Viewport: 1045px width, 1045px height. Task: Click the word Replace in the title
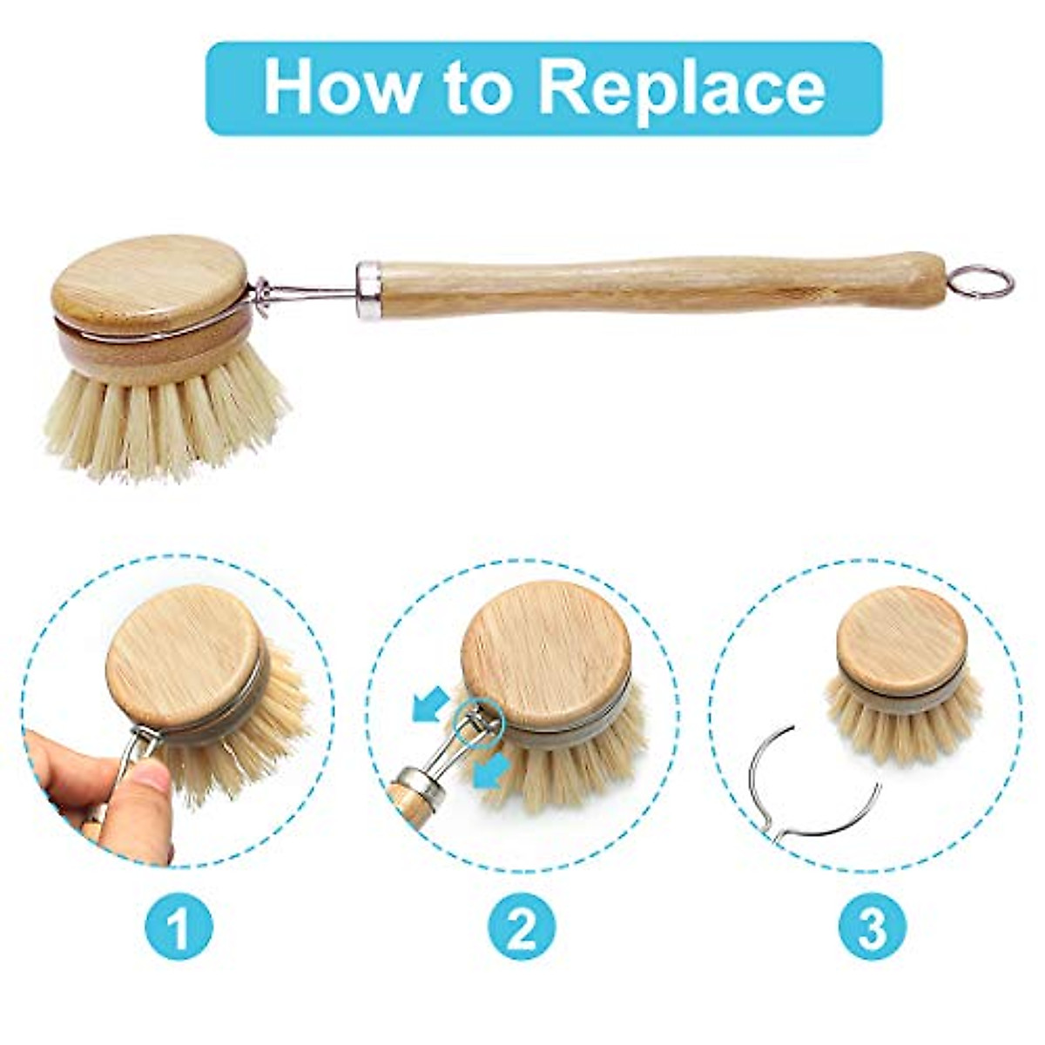[x=680, y=87]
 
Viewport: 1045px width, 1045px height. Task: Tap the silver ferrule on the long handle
[x=368, y=289]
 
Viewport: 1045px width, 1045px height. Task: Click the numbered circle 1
[x=179, y=928]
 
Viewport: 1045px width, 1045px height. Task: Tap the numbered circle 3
[x=872, y=928]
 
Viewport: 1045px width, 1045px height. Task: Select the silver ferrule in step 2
[x=419, y=784]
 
